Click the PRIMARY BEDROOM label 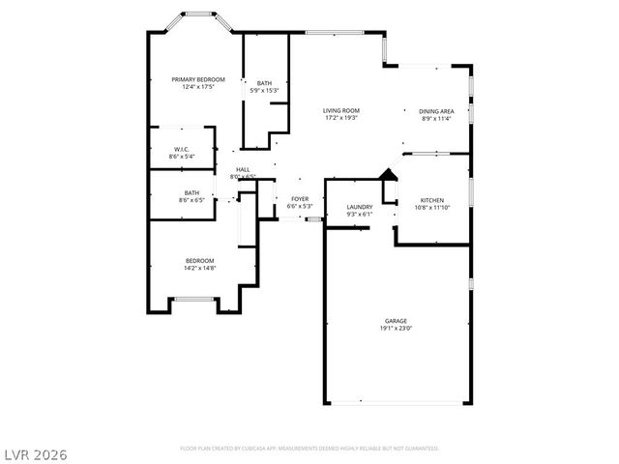click(198, 79)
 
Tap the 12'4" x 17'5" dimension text click(198, 87)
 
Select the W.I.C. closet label click(181, 149)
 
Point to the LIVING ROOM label click(341, 111)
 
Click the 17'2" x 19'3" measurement click(341, 118)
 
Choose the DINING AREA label click(437, 111)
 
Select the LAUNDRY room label click(360, 207)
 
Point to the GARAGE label click(396, 321)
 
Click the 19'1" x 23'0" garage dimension click(396, 328)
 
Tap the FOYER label click(300, 199)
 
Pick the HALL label click(243, 169)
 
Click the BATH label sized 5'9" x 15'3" click(264, 83)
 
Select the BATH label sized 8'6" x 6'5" click(192, 192)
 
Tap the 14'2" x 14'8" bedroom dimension click(200, 268)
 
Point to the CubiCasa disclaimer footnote click(309, 449)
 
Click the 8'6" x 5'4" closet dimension click(181, 156)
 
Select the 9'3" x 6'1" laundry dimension click(360, 214)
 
